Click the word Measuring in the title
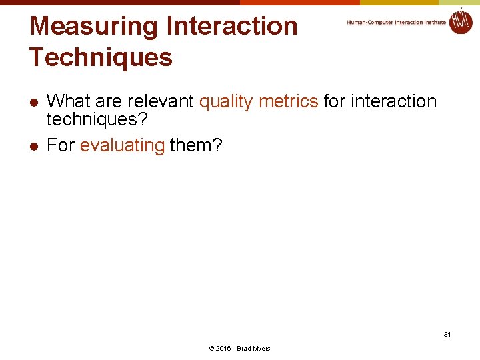[x=93, y=26]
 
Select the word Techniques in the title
[x=101, y=57]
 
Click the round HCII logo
[x=460, y=21]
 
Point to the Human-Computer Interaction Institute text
[x=396, y=23]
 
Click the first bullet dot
[x=33, y=102]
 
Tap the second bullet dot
[x=33, y=146]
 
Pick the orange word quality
[x=226, y=101]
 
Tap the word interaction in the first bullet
[x=393, y=101]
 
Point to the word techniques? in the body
[x=97, y=120]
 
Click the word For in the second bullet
[x=61, y=145]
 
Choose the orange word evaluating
[x=122, y=145]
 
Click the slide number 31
[x=447, y=334]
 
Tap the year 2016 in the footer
[x=223, y=349]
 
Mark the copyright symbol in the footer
[x=211, y=349]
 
